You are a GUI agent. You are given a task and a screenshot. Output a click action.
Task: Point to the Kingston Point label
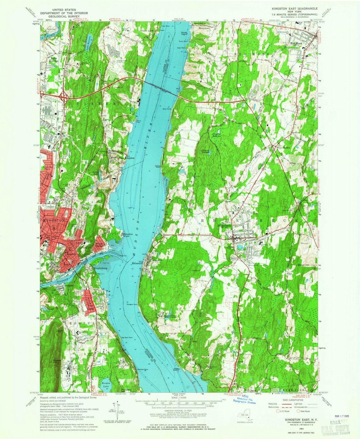pyautogui.click(x=128, y=235)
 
